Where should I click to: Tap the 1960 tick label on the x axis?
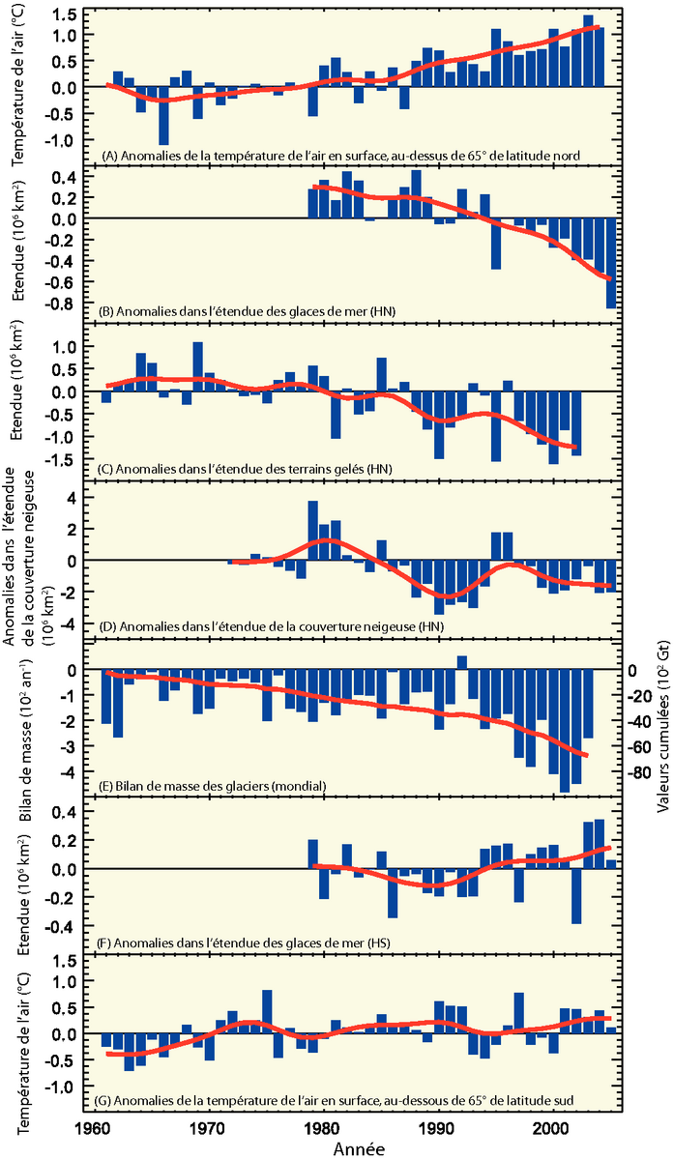pos(93,1128)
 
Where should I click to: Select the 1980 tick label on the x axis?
pos(321,1128)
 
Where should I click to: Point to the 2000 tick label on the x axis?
pos(553,1128)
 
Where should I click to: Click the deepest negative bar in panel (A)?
pos(164,116)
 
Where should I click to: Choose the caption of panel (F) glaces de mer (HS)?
pos(230,942)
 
